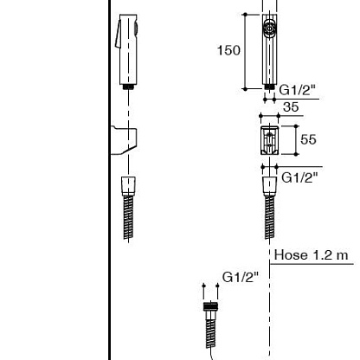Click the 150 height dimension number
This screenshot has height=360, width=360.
click(x=228, y=50)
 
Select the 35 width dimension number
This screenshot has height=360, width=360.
click(x=291, y=107)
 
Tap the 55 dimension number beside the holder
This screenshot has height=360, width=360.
click(x=308, y=139)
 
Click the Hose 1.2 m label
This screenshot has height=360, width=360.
click(x=311, y=255)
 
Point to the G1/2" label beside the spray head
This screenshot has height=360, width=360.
click(x=297, y=90)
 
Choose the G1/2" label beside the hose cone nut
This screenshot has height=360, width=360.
click(x=299, y=177)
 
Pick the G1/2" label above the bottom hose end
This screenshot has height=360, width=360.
click(x=241, y=277)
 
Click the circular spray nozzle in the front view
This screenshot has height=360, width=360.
click(x=270, y=29)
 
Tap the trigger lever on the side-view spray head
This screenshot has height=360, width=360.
click(x=118, y=34)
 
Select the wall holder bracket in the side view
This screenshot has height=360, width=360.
click(x=124, y=140)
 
